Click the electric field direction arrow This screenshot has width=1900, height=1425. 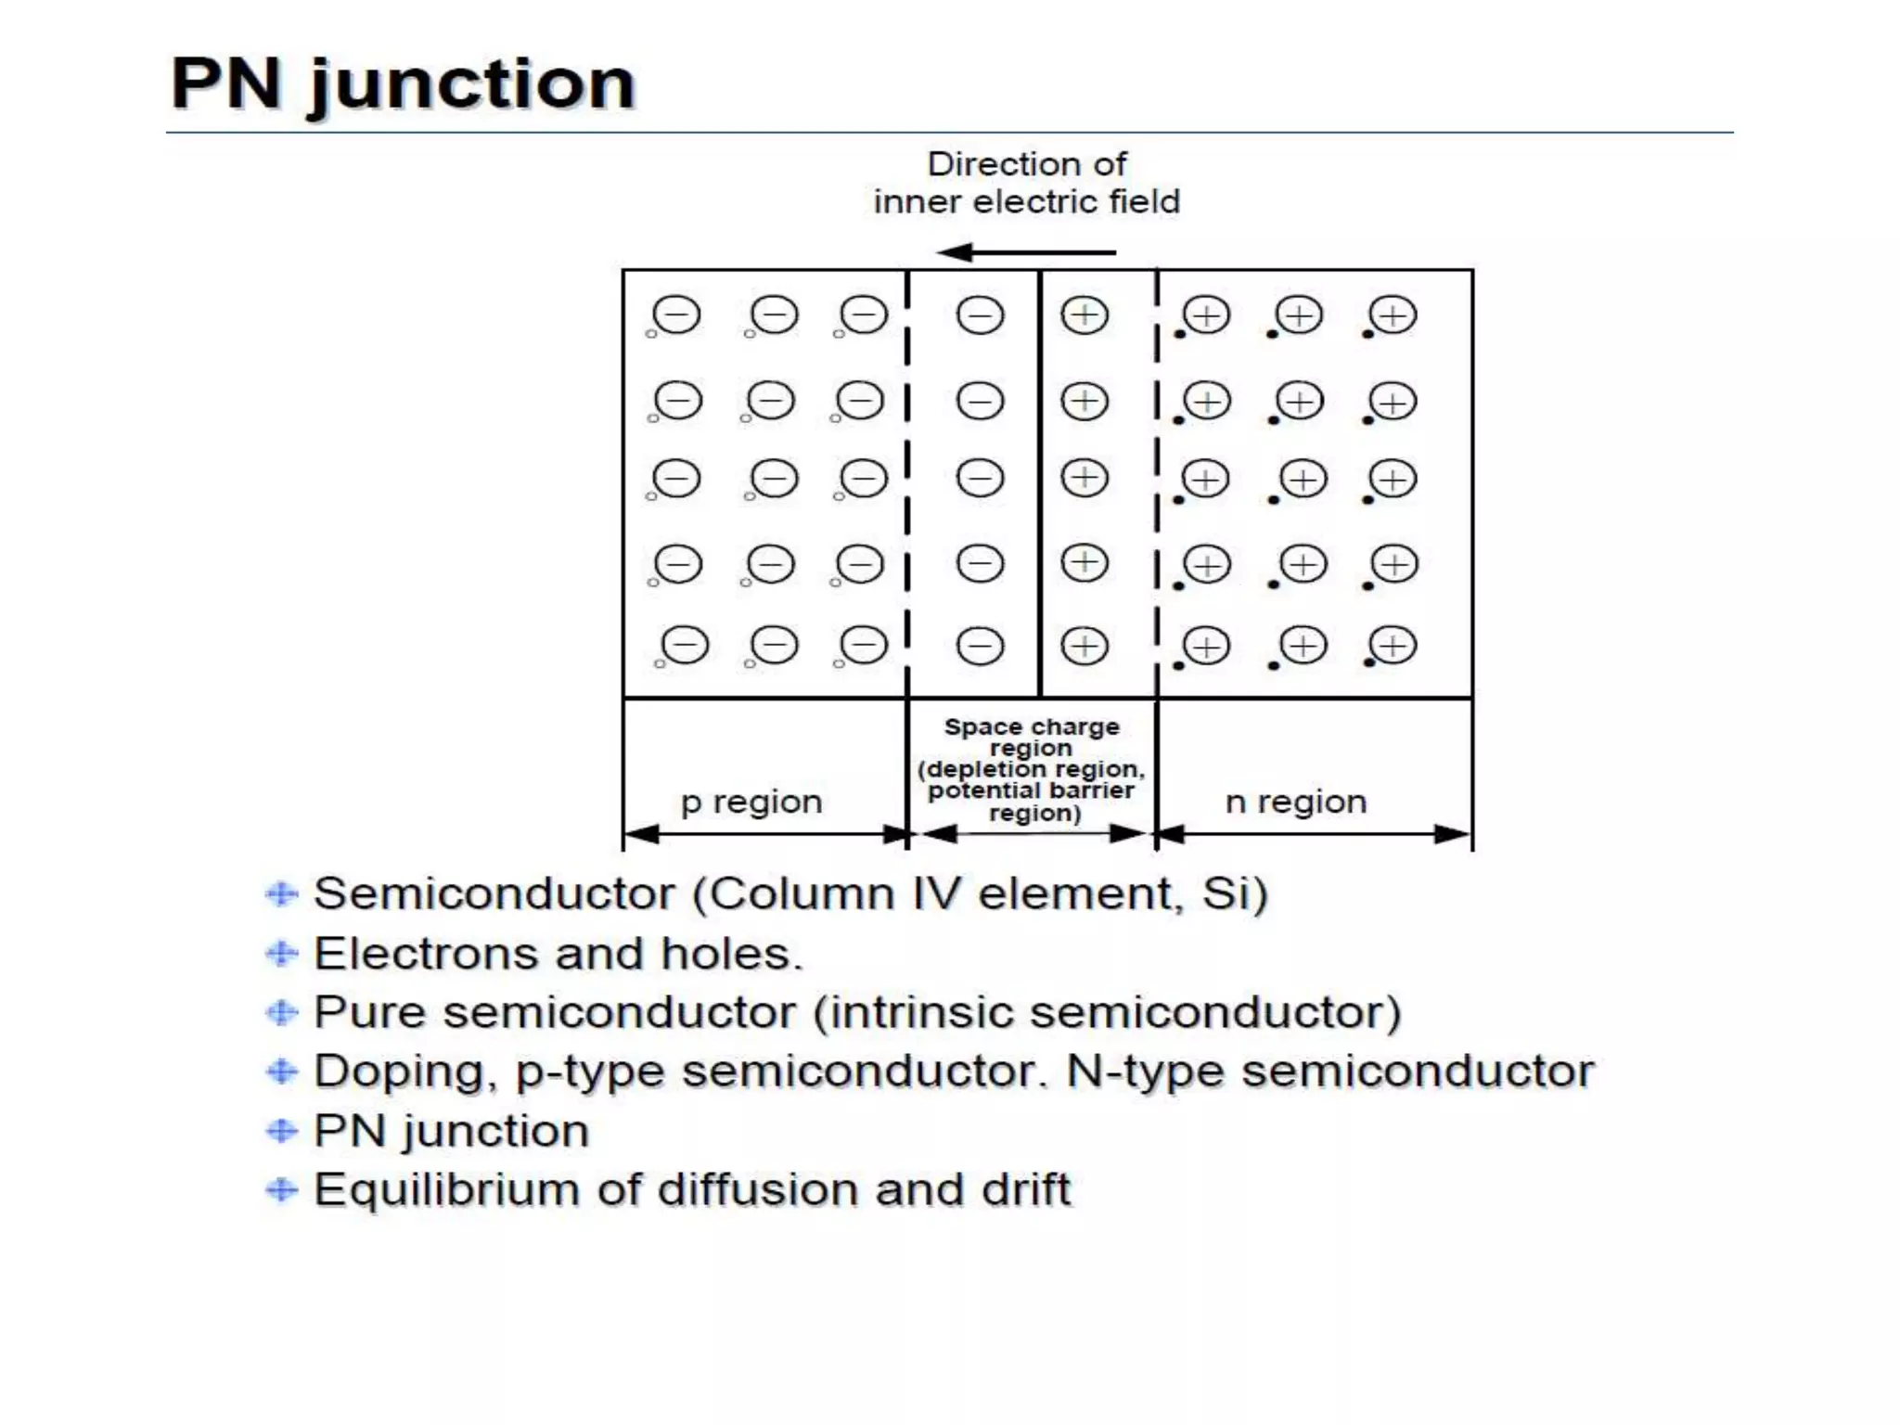(x=1025, y=251)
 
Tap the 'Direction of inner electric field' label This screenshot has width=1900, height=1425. (x=1026, y=183)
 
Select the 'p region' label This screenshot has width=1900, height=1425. (x=751, y=801)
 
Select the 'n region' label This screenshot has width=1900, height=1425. (x=1296, y=801)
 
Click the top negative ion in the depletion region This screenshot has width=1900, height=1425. (x=980, y=315)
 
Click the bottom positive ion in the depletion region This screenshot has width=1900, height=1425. (x=1085, y=646)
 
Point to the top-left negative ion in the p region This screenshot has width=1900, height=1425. (x=676, y=315)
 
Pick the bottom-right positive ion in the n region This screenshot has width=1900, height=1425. (x=1393, y=646)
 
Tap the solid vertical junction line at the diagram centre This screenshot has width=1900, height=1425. (x=1040, y=482)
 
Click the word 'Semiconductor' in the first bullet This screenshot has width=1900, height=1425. (x=494, y=894)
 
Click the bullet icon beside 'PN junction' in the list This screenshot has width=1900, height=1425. (x=282, y=1131)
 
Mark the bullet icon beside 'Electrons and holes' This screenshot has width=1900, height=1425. (x=282, y=954)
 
